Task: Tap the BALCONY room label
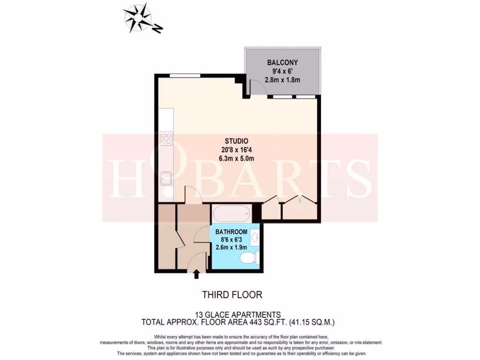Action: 282,62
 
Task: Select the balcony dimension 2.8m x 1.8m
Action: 282,80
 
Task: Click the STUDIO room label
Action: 236,141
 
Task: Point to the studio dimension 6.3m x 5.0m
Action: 236,158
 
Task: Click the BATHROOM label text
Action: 231,232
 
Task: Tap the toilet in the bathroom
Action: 248,258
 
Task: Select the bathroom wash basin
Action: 254,237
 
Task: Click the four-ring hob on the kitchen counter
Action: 165,138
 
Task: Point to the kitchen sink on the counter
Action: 165,179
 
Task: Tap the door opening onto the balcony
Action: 257,88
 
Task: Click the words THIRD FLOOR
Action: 232,295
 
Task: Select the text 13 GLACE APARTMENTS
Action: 238,315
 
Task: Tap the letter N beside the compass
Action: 158,30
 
